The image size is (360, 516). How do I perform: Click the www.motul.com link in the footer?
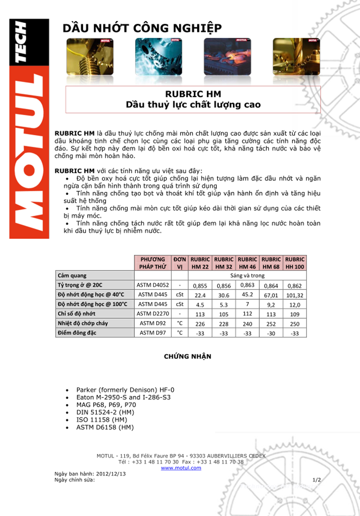[x=181, y=468]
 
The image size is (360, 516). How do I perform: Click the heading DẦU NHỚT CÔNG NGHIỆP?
[x=142, y=28]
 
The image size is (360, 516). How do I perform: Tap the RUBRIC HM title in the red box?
[x=193, y=94]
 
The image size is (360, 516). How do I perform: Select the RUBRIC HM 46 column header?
[x=247, y=263]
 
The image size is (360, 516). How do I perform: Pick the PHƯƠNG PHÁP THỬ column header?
[x=153, y=263]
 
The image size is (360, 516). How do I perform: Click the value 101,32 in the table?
[x=294, y=295]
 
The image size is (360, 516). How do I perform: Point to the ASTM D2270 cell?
[x=153, y=314]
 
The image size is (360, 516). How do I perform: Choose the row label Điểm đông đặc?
[x=77, y=333]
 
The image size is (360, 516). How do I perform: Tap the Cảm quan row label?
[x=72, y=276]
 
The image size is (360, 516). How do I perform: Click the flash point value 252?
[x=271, y=324]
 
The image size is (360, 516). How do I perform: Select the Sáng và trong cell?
[x=247, y=276]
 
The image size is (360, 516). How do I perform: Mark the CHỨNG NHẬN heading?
[x=188, y=357]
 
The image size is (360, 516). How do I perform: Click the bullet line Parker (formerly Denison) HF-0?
[x=125, y=390]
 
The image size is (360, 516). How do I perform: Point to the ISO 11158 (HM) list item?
[x=102, y=420]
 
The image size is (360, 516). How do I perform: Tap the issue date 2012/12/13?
[x=111, y=474]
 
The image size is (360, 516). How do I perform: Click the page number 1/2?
[x=316, y=480]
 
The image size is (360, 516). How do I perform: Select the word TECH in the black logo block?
[x=21, y=41]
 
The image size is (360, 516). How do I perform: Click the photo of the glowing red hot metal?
[x=227, y=56]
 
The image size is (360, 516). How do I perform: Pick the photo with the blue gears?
[x=158, y=56]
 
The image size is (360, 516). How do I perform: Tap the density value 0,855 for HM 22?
[x=200, y=286]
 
